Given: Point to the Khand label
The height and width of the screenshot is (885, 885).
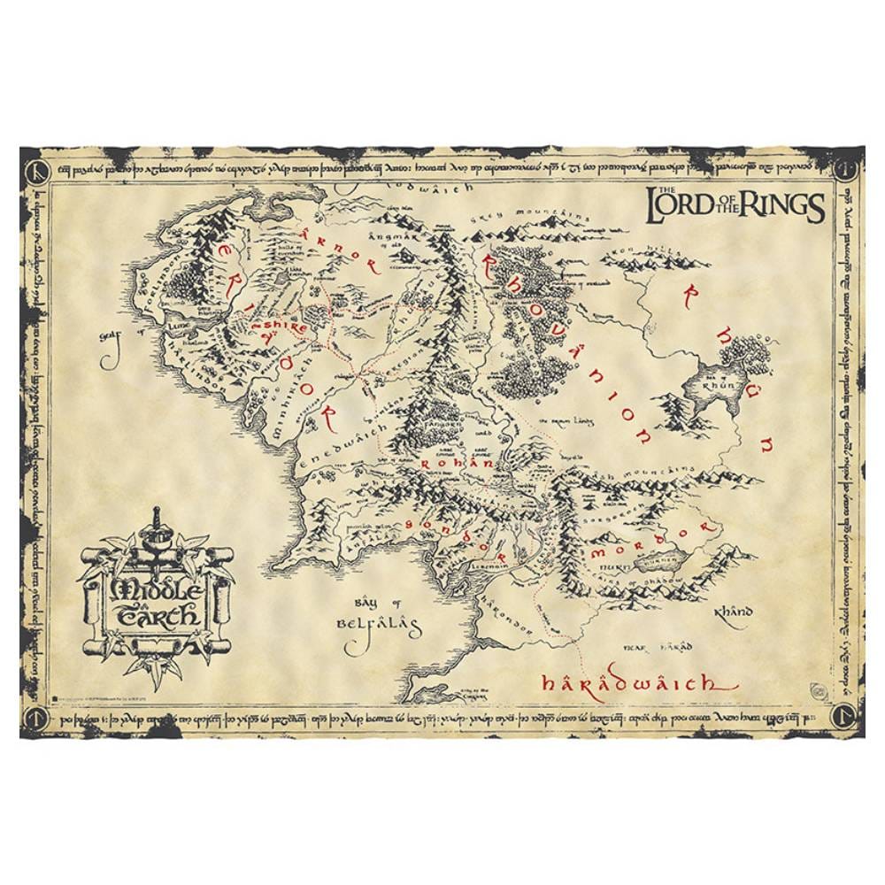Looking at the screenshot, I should (735, 612).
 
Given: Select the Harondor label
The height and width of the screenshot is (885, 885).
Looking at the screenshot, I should (506, 615).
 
